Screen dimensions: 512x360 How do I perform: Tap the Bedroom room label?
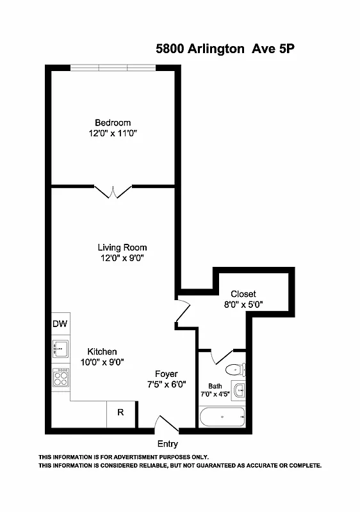pos(113,123)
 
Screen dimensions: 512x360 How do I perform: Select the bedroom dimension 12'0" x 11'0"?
pos(113,134)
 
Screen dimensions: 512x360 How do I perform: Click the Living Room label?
pos(122,247)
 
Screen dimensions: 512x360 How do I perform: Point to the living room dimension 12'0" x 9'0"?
pos(122,259)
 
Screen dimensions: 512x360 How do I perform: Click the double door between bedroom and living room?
pos(113,191)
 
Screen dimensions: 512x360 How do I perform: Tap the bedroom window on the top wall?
pos(113,68)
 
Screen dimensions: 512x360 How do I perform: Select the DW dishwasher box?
pos(60,323)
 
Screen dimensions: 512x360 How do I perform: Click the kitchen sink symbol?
pos(61,349)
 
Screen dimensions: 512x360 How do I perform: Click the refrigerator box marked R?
pos(120,413)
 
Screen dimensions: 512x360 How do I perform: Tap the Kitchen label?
pos(102,351)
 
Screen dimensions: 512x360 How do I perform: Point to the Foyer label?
pos(167,374)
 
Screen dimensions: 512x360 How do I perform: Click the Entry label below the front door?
pos(167,444)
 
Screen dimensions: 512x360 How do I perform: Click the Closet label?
pos(243,294)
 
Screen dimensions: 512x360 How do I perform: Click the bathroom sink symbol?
pos(239,390)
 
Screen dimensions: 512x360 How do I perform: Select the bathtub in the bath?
pos(222,418)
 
